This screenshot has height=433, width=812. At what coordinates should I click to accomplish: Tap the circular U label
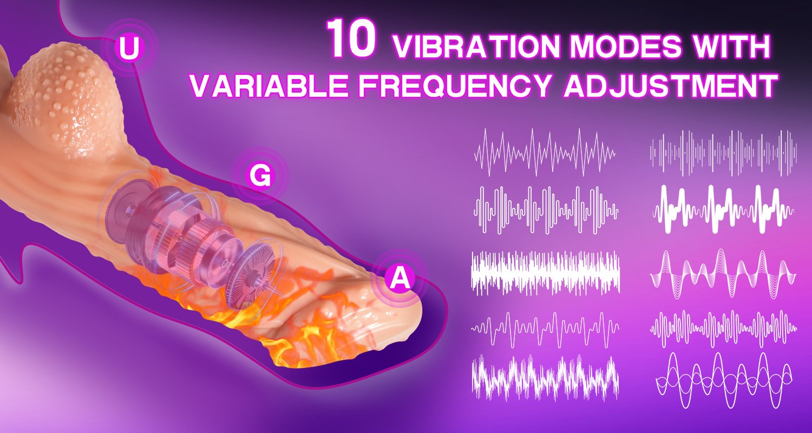(129, 48)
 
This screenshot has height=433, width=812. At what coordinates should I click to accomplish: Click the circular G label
(260, 176)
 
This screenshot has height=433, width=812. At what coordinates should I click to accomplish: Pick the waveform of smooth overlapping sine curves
(724, 379)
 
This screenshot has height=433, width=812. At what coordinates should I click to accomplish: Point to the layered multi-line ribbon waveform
(723, 274)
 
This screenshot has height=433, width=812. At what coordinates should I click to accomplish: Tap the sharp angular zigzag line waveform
(545, 152)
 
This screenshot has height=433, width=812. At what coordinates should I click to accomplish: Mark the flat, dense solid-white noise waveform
(545, 274)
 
